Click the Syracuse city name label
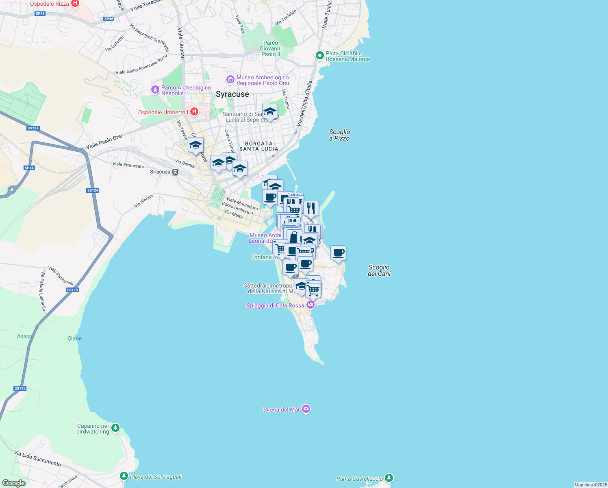click(x=232, y=94)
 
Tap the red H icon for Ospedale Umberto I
click(x=194, y=111)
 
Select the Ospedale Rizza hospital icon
click(x=75, y=3)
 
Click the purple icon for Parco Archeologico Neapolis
click(x=155, y=90)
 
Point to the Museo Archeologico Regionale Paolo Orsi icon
click(x=230, y=80)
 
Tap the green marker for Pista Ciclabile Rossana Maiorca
click(x=319, y=55)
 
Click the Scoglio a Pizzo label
click(x=339, y=135)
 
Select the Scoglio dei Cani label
click(x=379, y=270)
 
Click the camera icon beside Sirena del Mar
click(x=306, y=409)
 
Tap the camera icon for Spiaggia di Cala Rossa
click(x=311, y=305)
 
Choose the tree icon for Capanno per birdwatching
click(x=116, y=428)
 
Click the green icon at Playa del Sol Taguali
click(x=124, y=476)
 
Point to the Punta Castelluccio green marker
click(x=389, y=478)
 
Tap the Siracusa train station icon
click(x=175, y=172)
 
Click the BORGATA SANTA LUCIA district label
click(x=259, y=146)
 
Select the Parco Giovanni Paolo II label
click(x=271, y=48)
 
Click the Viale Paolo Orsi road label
click(x=104, y=142)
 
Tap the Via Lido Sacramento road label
click(x=37, y=458)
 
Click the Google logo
click(x=14, y=483)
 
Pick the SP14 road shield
click(x=29, y=168)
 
